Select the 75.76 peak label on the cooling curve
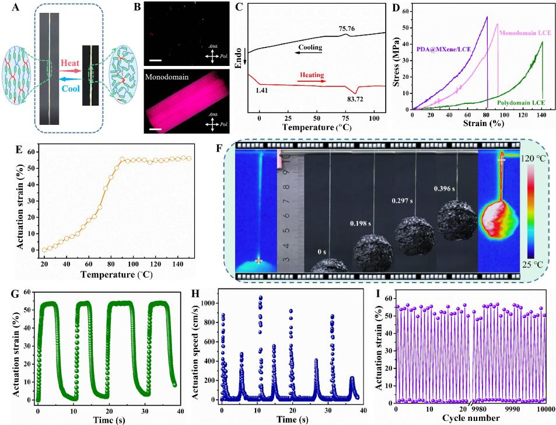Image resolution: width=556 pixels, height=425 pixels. pos(347,27)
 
